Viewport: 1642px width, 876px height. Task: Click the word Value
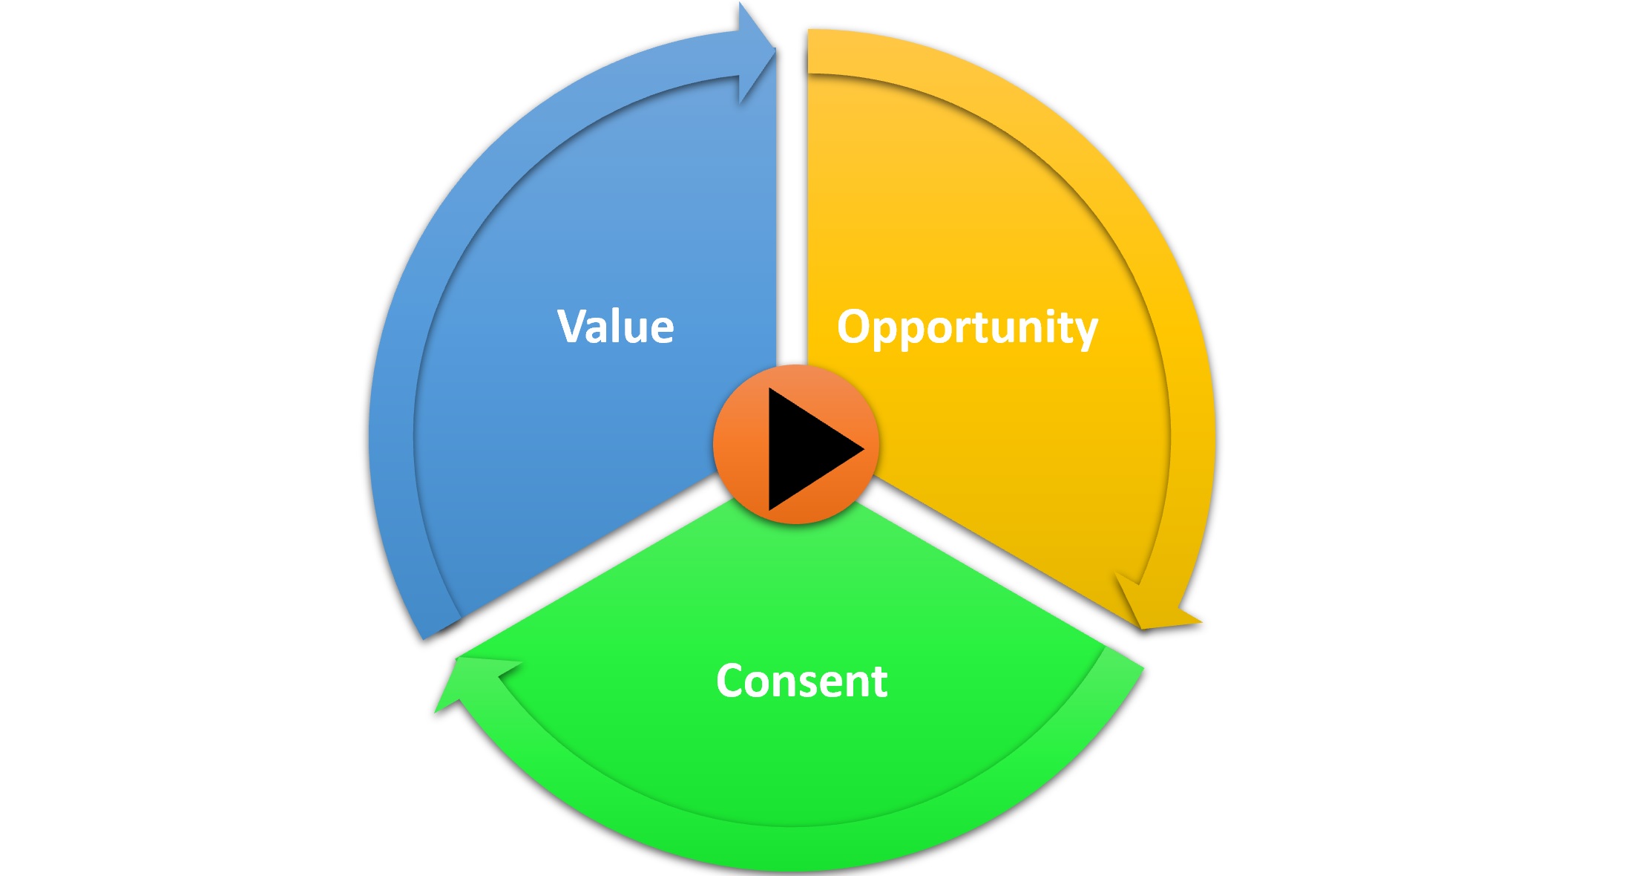[615, 327]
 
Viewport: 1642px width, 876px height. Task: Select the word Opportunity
[967, 327]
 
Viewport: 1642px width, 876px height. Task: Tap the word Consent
[801, 681]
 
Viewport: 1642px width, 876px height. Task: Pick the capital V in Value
[573, 326]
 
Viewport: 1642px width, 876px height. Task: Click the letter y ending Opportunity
[1086, 333]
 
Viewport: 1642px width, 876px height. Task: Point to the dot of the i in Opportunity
[1045, 310]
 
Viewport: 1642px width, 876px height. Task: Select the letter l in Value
[616, 324]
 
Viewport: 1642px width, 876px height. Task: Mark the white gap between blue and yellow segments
[792, 223]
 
